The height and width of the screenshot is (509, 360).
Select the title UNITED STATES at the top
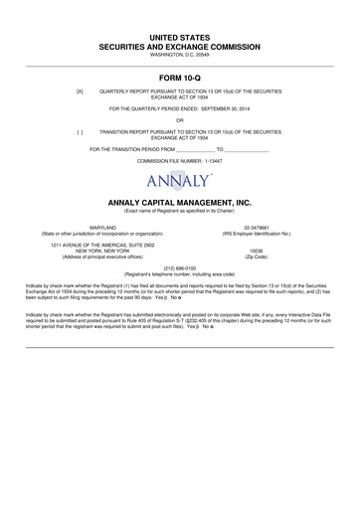[179, 36]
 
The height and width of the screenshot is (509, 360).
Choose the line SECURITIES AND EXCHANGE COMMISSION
[179, 46]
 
